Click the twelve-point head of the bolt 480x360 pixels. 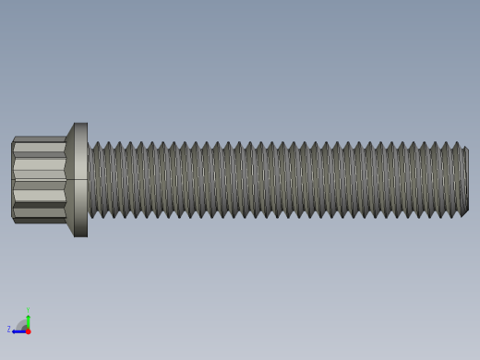39,179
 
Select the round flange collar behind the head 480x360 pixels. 81,179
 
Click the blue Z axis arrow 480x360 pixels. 18,330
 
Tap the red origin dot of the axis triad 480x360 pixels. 28,330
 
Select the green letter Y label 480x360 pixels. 28,309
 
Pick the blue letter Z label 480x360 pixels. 9,330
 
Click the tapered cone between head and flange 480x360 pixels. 69,179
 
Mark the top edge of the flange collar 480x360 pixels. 81,124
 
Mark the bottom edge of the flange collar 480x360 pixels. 81,235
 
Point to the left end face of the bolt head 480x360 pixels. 12,179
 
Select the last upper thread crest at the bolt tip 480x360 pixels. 456,144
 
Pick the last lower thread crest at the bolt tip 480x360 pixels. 456,215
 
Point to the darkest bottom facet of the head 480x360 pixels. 39,221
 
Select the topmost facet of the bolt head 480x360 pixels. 39,139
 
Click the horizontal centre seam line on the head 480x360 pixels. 39,180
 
